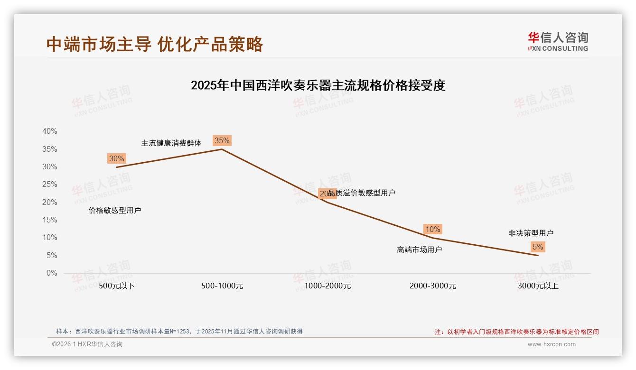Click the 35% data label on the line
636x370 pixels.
[x=222, y=140]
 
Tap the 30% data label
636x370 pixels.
[x=116, y=158]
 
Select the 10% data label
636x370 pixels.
[x=432, y=229]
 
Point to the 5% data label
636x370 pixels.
[x=538, y=247]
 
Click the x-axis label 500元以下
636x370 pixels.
[x=117, y=286]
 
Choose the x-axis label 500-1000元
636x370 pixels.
[x=222, y=286]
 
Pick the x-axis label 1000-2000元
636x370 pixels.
[x=327, y=286]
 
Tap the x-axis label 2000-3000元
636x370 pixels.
[x=433, y=286]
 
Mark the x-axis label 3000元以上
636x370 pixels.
[x=538, y=286]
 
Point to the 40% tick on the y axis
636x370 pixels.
[x=50, y=131]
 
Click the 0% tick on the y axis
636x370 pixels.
[x=52, y=273]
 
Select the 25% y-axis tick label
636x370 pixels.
[x=50, y=185]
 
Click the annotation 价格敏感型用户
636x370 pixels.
[x=115, y=210]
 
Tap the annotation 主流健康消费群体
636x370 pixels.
[x=171, y=143]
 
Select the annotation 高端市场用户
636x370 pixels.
[x=420, y=250]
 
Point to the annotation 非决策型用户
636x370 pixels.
[x=531, y=233]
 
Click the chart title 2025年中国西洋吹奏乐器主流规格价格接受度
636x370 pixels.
[x=318, y=85]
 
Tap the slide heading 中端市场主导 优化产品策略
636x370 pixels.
[x=155, y=44]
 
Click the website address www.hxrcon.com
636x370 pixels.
[x=552, y=344]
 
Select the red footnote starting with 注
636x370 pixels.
[x=517, y=332]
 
